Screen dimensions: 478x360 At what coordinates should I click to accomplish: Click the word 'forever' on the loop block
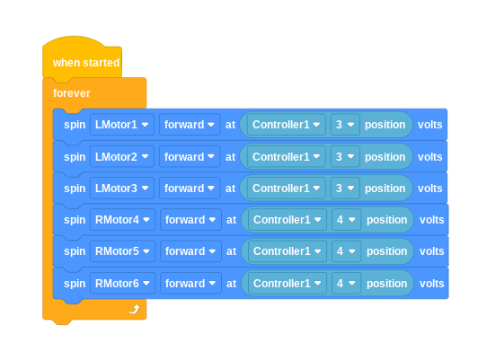coord(72,93)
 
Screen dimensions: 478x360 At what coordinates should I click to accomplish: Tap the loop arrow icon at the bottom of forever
coord(134,309)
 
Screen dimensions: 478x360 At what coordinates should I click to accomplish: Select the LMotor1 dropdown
coord(122,125)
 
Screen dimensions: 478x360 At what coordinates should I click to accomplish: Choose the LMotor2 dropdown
coord(122,156)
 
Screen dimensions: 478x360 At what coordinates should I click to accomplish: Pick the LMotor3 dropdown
coord(122,189)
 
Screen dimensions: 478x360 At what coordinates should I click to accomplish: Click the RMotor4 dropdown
coord(122,220)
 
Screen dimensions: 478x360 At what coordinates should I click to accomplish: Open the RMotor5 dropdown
coord(122,251)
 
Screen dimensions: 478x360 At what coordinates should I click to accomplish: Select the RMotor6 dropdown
coord(122,284)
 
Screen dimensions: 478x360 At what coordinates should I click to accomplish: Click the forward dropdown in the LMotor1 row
coord(190,125)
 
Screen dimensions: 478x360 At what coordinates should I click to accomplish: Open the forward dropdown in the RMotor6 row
coord(190,284)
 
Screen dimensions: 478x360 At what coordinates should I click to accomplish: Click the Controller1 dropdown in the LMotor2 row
coord(287,156)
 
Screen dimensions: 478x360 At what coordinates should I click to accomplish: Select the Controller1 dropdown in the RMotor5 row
coord(288,251)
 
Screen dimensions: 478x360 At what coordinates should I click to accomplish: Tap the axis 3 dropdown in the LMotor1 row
coord(345,125)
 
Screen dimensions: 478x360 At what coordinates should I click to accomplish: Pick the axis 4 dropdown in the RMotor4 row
coord(346,220)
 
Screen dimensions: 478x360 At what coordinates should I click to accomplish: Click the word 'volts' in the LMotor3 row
coord(429,189)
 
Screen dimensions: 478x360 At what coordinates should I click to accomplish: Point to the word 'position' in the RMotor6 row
coord(387,284)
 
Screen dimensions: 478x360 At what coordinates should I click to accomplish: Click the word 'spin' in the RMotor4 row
coord(75,220)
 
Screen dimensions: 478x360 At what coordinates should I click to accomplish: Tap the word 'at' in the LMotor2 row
coord(230,157)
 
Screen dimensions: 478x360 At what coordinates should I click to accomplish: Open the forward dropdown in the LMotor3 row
coord(190,189)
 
